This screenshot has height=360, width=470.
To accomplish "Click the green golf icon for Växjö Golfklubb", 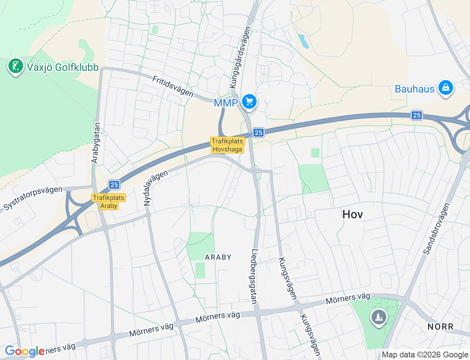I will (x=15, y=66).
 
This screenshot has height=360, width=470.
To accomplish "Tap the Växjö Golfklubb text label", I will (x=63, y=68).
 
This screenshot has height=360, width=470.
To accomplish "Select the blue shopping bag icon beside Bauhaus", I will (x=445, y=88).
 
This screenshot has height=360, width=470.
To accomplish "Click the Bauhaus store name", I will (x=415, y=89).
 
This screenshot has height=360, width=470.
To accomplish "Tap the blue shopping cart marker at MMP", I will (x=249, y=101).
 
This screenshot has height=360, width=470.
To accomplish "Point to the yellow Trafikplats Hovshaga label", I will (x=227, y=145).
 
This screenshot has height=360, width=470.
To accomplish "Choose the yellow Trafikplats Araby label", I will (x=109, y=202).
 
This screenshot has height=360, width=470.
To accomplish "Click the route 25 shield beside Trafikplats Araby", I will (x=114, y=185).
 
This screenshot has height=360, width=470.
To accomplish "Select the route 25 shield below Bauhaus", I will (x=416, y=115).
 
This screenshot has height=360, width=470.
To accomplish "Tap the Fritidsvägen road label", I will (x=173, y=86).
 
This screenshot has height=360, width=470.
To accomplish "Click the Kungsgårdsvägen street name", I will (x=240, y=57).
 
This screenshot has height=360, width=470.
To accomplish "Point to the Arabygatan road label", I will (x=96, y=143).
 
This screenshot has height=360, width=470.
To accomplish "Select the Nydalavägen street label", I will (x=155, y=188).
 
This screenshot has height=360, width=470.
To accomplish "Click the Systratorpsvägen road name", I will (x=33, y=198).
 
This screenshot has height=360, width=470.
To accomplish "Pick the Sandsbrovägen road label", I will (x=436, y=228).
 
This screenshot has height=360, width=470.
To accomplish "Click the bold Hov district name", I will (x=352, y=214).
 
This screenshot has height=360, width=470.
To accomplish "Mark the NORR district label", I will (x=440, y=327).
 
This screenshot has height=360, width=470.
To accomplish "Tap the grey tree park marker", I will (x=379, y=317).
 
